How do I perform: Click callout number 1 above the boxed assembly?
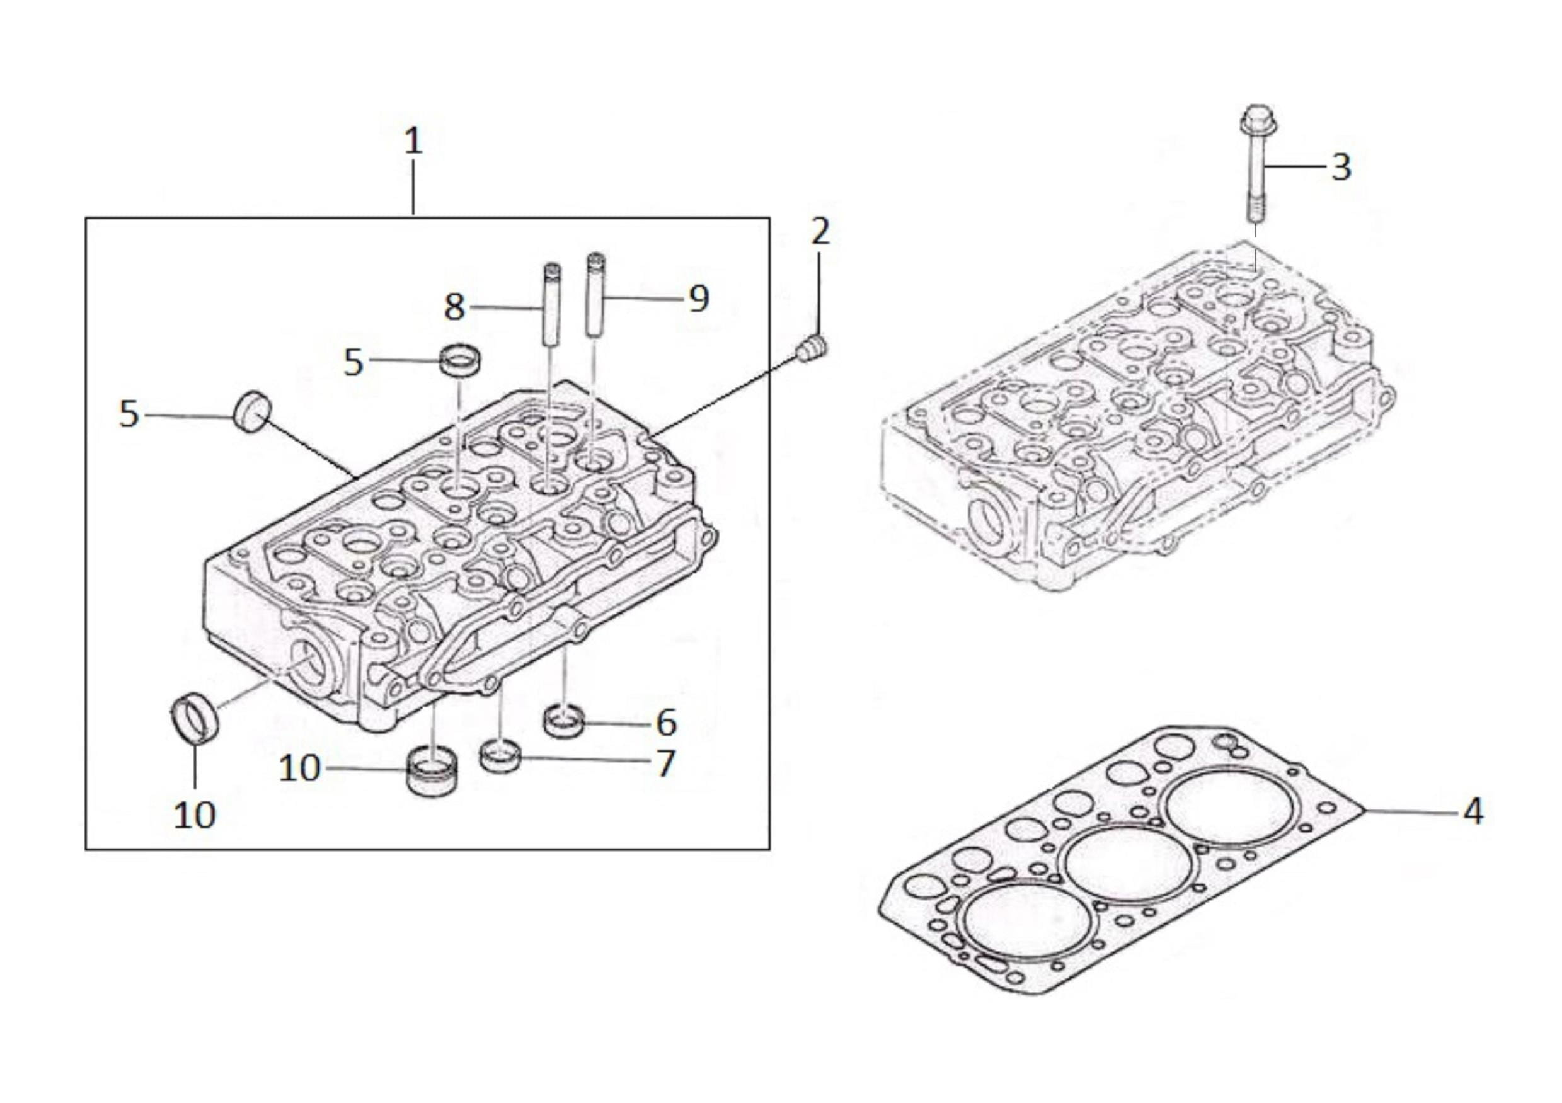413,142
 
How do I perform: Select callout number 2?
820,231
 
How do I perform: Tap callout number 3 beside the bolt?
1341,166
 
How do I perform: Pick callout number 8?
454,307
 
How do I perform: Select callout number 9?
699,299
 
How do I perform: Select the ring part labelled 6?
564,721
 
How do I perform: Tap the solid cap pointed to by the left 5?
253,411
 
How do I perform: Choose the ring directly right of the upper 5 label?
460,359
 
